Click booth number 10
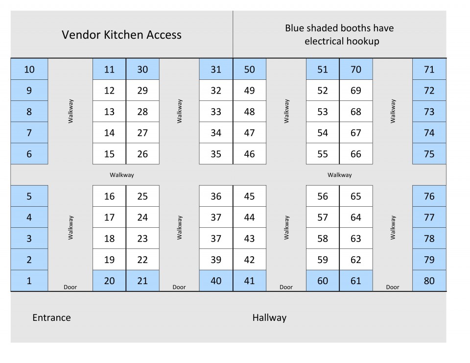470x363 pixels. pos(29,69)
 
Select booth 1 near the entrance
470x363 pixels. pos(29,281)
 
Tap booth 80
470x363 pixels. pos(429,281)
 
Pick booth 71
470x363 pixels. pos(429,69)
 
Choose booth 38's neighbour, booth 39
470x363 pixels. pos(216,260)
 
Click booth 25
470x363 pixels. pos(142,196)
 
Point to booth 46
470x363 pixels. pos(249,154)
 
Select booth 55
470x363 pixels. pos(323,154)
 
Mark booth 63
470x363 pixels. pos(356,238)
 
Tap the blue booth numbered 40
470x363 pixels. pos(216,281)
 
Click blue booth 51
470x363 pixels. pos(323,69)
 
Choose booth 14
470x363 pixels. pos(109,133)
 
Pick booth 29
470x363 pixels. pos(142,90)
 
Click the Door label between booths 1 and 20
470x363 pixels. pos(70,287)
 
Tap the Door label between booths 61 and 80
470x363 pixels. pos(393,287)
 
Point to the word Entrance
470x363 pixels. pos(51,317)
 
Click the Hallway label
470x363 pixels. pos(269,317)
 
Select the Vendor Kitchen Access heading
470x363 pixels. pos(122,34)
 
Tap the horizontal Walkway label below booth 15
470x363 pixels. pos(122,175)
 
